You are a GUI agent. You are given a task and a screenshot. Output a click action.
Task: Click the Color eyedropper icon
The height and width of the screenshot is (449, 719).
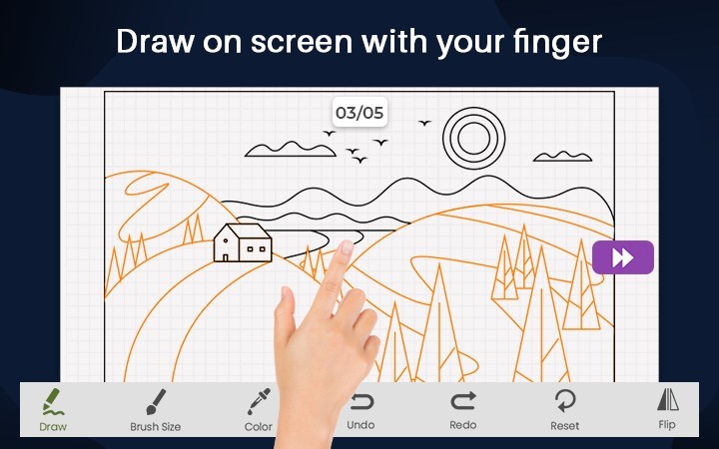coord(259,401)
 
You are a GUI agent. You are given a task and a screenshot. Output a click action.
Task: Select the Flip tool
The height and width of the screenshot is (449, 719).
coord(667,409)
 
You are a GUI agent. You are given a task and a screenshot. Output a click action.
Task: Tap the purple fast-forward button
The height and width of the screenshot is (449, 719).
coord(623,257)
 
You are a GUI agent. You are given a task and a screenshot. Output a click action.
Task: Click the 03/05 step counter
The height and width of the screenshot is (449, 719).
coord(359,112)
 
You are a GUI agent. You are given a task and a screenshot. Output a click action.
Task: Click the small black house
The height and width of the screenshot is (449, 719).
coord(243,242)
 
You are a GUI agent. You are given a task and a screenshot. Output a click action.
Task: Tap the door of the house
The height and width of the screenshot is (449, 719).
coord(225,257)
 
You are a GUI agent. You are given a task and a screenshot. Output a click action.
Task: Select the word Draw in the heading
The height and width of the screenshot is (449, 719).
coord(156,41)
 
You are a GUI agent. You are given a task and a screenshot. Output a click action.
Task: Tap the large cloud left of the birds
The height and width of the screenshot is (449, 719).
coord(291,150)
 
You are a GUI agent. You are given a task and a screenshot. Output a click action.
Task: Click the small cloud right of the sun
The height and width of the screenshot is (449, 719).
coord(562,157)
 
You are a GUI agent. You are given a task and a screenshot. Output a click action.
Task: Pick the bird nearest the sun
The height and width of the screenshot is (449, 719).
coord(424,123)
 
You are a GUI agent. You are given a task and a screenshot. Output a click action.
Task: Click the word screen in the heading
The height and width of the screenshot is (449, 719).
coord(302,42)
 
